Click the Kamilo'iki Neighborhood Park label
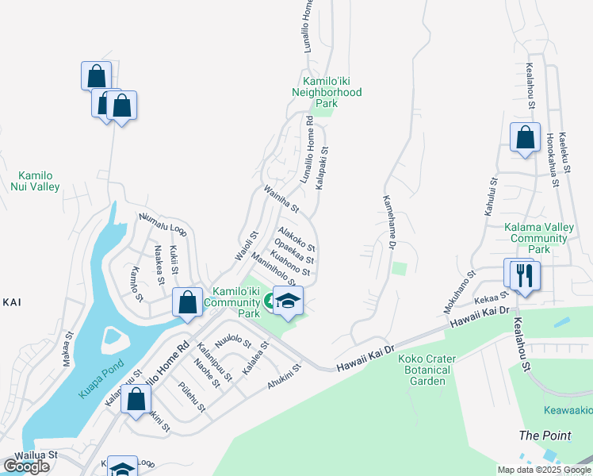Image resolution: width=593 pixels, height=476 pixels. pyautogui.click(x=332, y=92)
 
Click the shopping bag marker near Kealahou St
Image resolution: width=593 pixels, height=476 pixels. pyautogui.click(x=525, y=138)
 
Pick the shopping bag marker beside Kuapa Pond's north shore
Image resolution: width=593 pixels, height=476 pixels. pyautogui.click(x=187, y=303)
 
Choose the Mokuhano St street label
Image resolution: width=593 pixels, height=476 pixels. pyautogui.click(x=460, y=291)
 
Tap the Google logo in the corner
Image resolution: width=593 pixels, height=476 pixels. pyautogui.click(x=26, y=466)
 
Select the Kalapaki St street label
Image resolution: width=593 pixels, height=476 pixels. pyautogui.click(x=321, y=167)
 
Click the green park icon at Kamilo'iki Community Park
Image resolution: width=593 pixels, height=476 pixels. pyautogui.click(x=270, y=300)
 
